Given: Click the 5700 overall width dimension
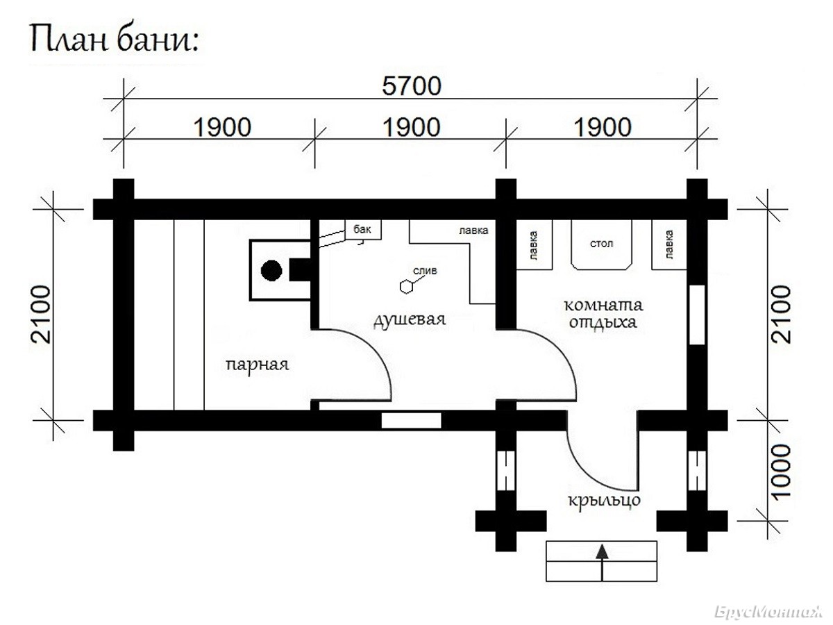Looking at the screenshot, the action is pos(412,86).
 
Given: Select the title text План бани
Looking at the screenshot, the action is pos(115,40).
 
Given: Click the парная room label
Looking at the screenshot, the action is pos(258,365).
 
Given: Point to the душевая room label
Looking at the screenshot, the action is pos(410,319).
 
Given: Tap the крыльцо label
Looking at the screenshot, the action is pos(604,501).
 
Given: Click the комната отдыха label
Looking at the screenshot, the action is pos(603,313).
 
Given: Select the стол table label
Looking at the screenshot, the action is pos(602,243).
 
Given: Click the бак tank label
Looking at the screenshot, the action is pos(362,229).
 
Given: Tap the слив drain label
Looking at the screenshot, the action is pos(425,271).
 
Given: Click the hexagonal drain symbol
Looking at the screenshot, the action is pos(406,287).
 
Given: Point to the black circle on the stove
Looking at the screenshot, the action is pos(271,271).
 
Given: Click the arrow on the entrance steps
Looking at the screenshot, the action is pos(602,562).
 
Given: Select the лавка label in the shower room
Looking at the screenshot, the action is pos(473,231).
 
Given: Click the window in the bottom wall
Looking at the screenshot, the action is pos(412,421).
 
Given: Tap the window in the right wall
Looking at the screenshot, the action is pos(697,315).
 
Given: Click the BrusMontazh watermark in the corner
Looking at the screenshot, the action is pos(768,612).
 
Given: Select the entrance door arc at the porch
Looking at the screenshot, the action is pos(590,471).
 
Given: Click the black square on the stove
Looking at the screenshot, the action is pos(300,270).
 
